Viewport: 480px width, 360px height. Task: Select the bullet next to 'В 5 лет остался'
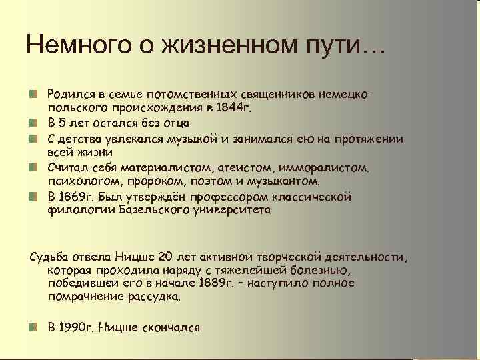(x=33, y=123)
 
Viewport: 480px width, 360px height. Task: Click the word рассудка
(x=155, y=298)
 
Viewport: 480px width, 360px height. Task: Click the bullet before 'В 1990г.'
(x=33, y=327)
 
